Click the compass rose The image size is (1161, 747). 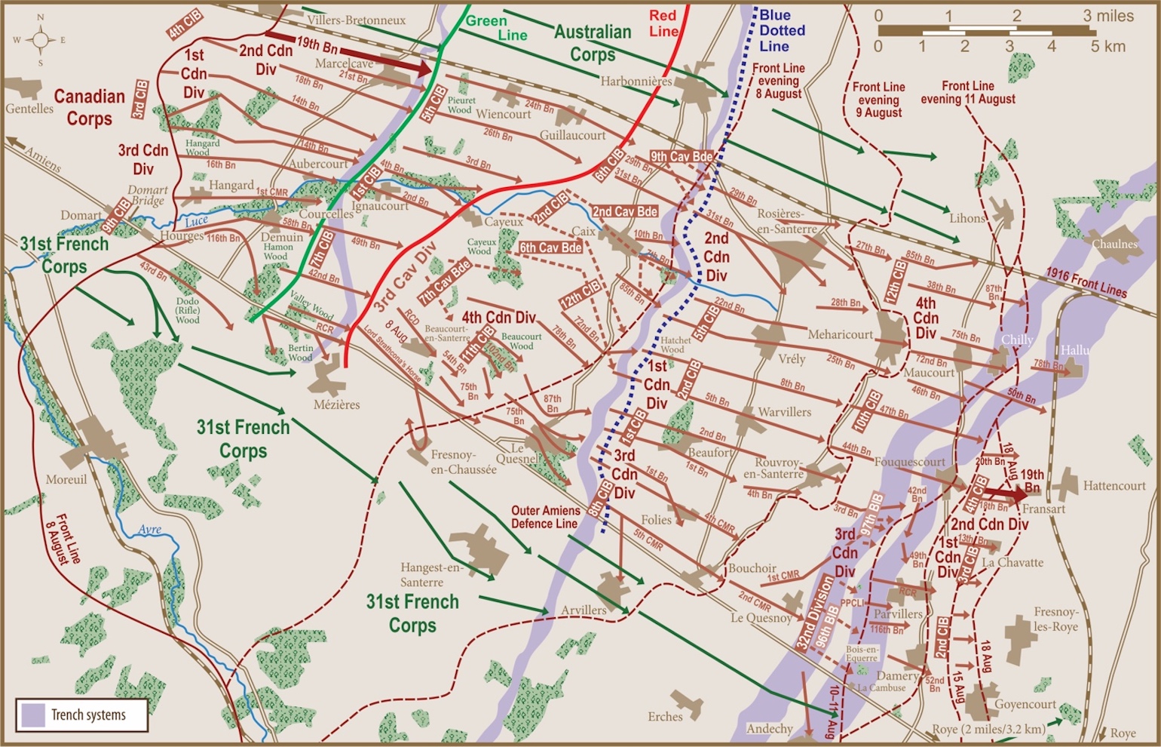coord(41,40)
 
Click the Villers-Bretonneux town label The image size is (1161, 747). coord(357,20)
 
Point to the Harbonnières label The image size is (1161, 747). coord(636,81)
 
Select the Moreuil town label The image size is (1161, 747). coord(66,479)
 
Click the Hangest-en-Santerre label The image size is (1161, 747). coord(432,574)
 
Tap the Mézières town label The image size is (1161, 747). coord(336,404)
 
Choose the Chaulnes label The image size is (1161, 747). coord(1114,244)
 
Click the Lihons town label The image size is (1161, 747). coord(967,218)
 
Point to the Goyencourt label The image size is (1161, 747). coord(1025,704)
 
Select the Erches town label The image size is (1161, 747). coord(665,716)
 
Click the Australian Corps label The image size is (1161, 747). coord(593,43)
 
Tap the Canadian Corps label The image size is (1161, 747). coord(89,107)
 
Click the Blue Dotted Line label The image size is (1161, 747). coord(782,30)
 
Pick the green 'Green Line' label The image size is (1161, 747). coord(496,27)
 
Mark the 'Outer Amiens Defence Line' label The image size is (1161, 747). coord(545,517)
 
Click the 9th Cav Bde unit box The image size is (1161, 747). coord(681,157)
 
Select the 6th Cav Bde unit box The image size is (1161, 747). coord(550,247)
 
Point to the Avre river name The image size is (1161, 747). coord(149,530)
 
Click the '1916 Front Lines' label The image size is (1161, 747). coord(1086,283)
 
